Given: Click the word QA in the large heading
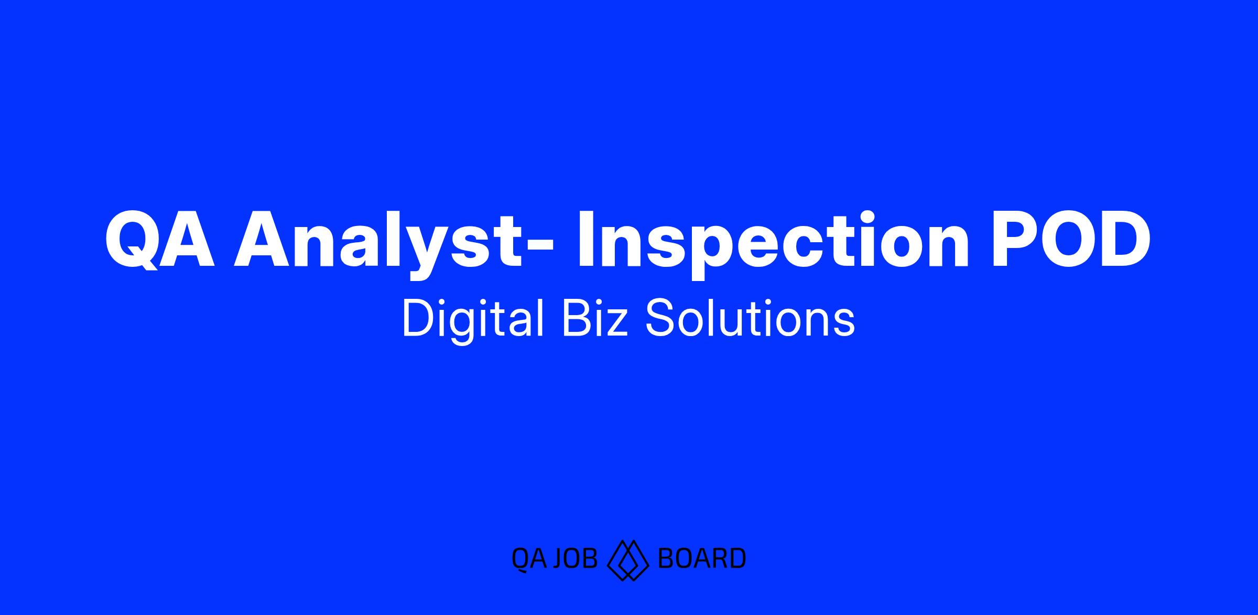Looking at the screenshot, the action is pyautogui.click(x=160, y=240).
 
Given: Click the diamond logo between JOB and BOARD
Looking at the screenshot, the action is pyautogui.click(x=627, y=559).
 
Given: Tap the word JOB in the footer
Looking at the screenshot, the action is pyautogui.click(x=576, y=558).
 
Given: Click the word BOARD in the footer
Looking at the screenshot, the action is pyautogui.click(x=701, y=558).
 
